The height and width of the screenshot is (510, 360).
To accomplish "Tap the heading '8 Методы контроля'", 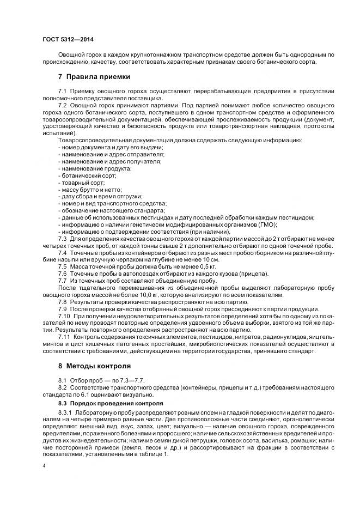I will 94,367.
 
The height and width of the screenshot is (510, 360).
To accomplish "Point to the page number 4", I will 44,466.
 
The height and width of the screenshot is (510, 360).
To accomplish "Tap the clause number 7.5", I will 62,266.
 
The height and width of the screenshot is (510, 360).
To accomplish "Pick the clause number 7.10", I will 64,316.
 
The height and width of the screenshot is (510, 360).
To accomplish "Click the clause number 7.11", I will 64,337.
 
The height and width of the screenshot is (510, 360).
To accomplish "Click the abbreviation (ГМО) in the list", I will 265,224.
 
